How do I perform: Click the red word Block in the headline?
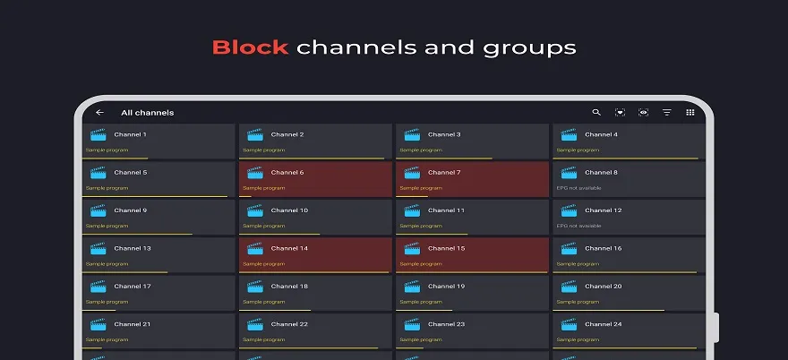(x=250, y=47)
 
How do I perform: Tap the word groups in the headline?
(x=529, y=48)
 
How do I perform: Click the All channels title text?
(x=147, y=113)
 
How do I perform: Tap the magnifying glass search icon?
(x=596, y=112)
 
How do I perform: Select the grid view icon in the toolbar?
(x=690, y=112)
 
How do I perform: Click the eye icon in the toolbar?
(x=643, y=112)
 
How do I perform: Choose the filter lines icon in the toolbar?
(x=667, y=112)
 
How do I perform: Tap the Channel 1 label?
(x=130, y=134)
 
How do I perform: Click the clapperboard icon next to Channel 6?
(x=255, y=173)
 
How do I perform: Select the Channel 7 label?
(x=444, y=173)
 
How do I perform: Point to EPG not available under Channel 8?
(x=579, y=188)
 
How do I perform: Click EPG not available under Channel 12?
(x=579, y=226)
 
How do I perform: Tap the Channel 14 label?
(x=289, y=248)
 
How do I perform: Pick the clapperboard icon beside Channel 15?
(x=412, y=248)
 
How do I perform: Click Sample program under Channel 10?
(x=264, y=226)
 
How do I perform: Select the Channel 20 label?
(x=604, y=286)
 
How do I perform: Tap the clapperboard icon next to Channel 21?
(x=98, y=324)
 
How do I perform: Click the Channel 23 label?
(x=446, y=324)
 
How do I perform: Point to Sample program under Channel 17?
(x=107, y=302)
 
